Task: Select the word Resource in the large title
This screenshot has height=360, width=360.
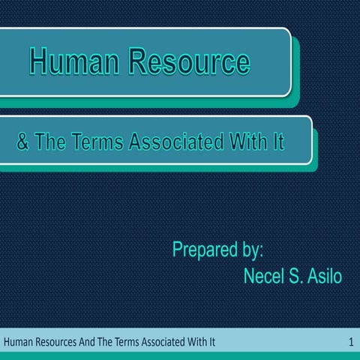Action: coord(190,62)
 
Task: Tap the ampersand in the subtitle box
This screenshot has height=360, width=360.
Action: coord(23,142)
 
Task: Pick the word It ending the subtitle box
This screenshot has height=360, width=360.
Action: coord(277,142)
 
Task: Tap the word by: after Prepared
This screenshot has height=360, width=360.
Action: coord(253,250)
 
